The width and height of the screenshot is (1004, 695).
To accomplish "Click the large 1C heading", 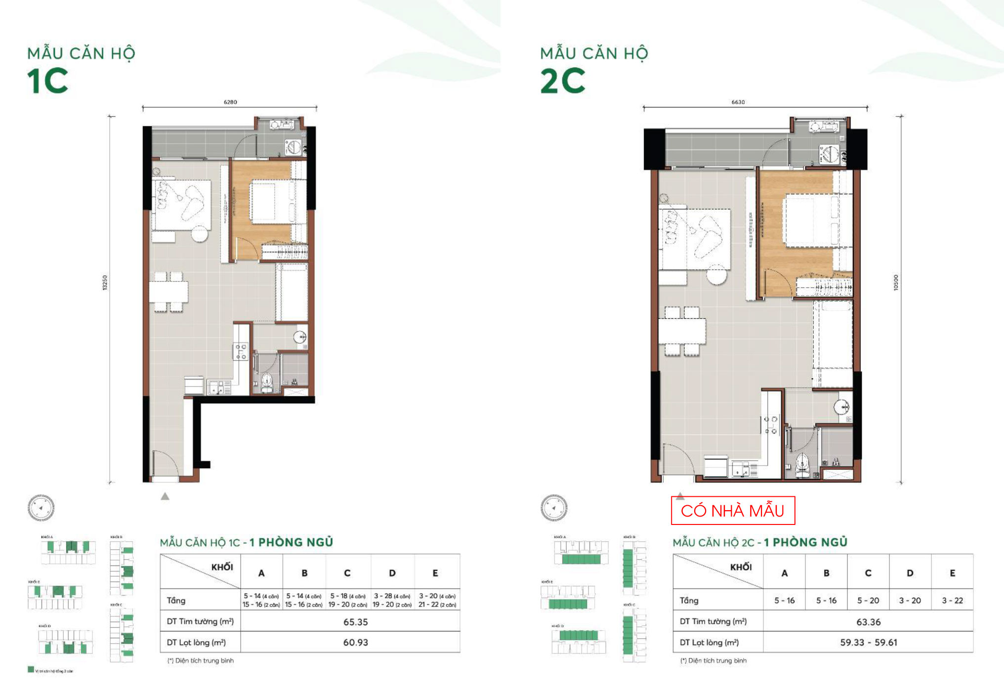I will (x=47, y=82).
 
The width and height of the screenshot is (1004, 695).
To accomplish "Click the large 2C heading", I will (x=562, y=82).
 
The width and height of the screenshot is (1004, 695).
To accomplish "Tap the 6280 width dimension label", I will (x=230, y=102).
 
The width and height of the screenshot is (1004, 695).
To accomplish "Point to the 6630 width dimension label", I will (x=738, y=102).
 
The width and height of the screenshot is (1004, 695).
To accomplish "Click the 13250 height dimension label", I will (x=105, y=283).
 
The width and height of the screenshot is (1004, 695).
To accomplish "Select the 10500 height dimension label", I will (x=896, y=283).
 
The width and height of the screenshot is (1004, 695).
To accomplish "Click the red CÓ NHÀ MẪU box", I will (x=733, y=511).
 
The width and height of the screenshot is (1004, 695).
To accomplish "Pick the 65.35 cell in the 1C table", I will (x=355, y=622).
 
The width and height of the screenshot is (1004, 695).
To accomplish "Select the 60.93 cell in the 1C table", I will (x=355, y=643).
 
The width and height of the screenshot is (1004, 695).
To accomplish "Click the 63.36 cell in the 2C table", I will (x=868, y=622).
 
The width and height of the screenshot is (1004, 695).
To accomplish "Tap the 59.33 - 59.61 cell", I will (x=868, y=643).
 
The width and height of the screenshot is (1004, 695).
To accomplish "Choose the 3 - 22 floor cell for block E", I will (x=952, y=601).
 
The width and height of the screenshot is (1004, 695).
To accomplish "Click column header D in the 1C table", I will (x=392, y=573).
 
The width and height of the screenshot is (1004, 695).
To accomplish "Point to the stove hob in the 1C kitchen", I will (x=241, y=351).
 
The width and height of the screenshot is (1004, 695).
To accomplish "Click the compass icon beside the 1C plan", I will (x=41, y=508).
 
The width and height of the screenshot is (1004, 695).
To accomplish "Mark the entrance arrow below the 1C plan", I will (x=165, y=496).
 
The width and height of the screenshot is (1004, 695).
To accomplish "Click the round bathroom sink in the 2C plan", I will (x=841, y=407).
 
